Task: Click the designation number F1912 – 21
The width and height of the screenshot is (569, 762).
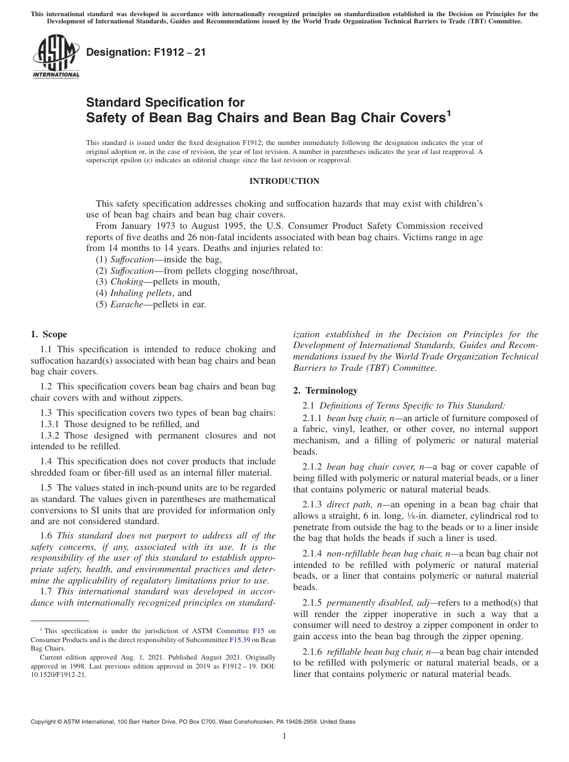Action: [146, 52]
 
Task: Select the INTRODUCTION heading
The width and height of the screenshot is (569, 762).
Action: [284, 181]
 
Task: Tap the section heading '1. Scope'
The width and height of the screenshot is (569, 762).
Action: [49, 334]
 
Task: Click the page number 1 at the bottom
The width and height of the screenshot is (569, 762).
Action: [284, 736]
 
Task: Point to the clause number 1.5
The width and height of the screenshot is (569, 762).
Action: [46, 488]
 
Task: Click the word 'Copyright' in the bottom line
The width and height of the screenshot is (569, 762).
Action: [44, 722]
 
